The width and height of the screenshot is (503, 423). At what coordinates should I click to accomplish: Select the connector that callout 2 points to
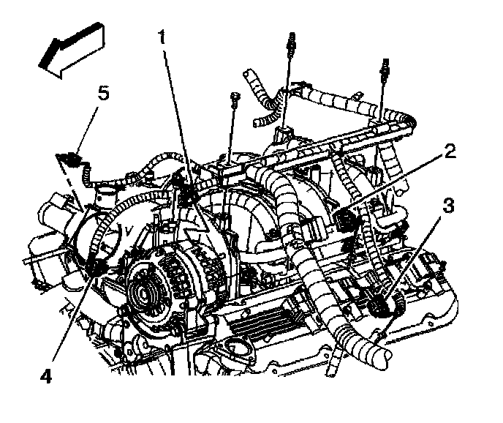346,217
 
